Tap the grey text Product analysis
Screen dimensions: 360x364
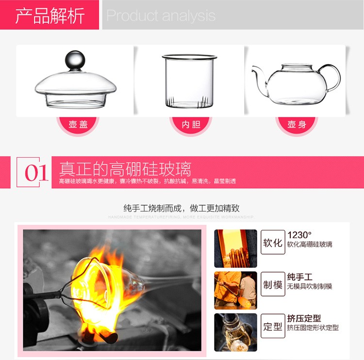coord(161,16)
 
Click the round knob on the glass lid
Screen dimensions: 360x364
coord(75,60)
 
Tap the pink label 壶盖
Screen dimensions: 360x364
coord(78,125)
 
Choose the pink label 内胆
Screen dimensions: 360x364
coord(191,125)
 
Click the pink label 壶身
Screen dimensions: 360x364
coord(297,125)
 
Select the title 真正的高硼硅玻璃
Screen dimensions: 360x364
coord(125,169)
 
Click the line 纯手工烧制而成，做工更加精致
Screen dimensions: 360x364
coord(182,208)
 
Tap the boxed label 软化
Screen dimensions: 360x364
coord(273,242)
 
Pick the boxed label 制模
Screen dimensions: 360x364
coord(273,284)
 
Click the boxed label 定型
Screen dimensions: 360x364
coord(273,326)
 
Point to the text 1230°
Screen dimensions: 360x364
coord(299,235)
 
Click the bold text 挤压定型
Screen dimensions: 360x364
coord(304,318)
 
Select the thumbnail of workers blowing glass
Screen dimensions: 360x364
coord(235,290)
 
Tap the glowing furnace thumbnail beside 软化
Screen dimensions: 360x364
coord(235,248)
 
